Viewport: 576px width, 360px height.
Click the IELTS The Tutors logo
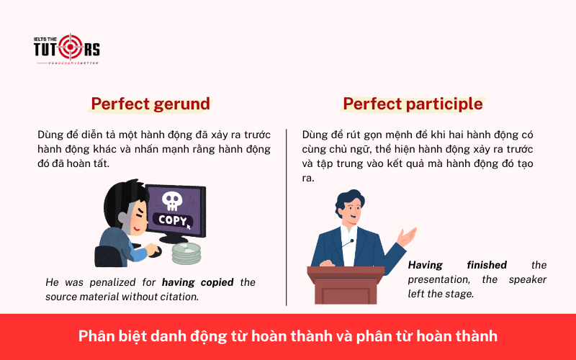tap(66, 49)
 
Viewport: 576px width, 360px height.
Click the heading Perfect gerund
tap(150, 104)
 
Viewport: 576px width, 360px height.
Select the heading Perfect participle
tap(413, 104)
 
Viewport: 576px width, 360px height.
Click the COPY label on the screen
tap(173, 220)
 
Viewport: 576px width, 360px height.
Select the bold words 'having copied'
tap(197, 282)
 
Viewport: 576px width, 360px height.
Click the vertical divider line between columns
tap(287, 216)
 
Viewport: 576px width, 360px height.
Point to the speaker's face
tap(351, 210)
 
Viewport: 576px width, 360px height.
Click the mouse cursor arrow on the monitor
tap(189, 225)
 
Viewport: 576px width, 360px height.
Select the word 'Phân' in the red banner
tap(93, 336)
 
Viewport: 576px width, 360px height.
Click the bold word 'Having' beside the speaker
tap(425, 265)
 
